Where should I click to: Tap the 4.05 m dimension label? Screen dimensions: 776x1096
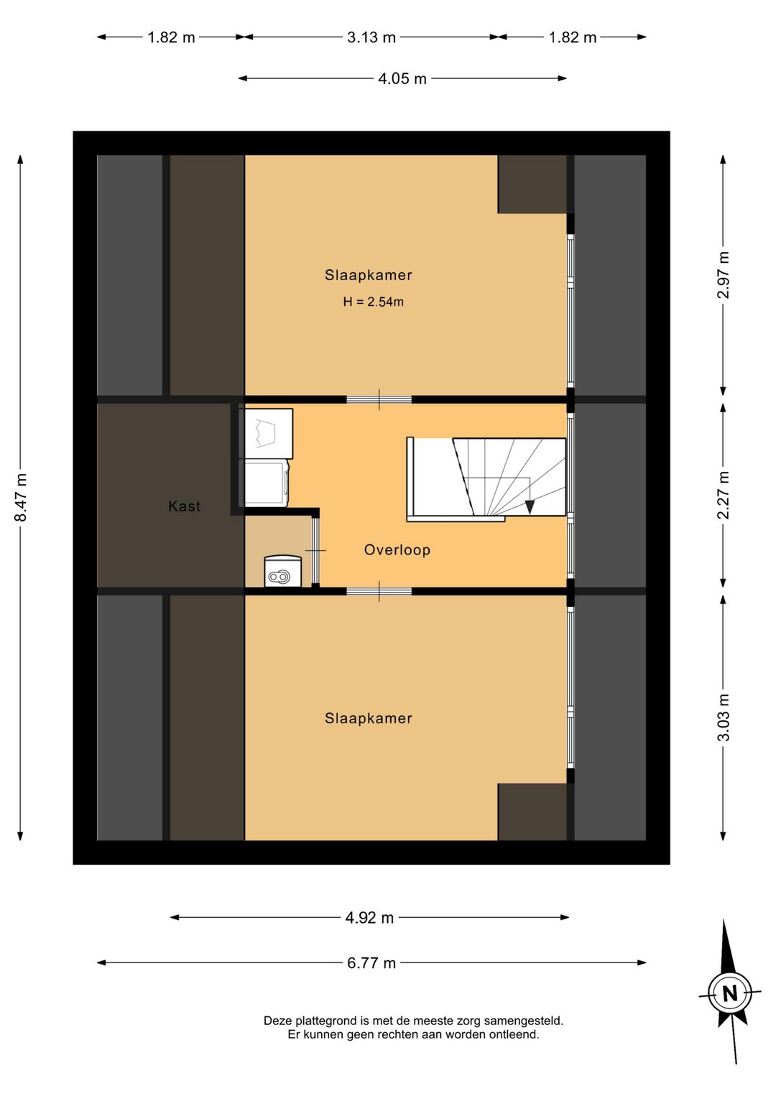(402, 79)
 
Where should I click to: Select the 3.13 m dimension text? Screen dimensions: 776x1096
(371, 37)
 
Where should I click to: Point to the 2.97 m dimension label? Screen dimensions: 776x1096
(723, 275)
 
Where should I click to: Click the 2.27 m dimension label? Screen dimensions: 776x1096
(723, 495)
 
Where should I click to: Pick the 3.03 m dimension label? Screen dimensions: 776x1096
(723, 717)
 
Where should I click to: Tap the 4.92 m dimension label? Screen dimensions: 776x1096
(369, 918)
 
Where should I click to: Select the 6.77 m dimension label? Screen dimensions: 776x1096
(371, 963)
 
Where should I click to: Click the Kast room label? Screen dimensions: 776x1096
(184, 506)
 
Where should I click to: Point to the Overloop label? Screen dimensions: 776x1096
(397, 549)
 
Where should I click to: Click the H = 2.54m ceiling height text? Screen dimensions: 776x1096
(373, 302)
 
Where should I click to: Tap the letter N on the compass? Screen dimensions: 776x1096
(729, 993)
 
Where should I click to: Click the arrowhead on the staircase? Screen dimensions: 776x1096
(530, 507)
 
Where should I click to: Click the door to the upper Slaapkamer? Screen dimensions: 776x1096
(379, 399)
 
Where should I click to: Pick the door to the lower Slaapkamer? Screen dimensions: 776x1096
(379, 591)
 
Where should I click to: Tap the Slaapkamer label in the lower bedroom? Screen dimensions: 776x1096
(368, 718)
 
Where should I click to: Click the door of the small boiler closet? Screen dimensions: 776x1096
(315, 550)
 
